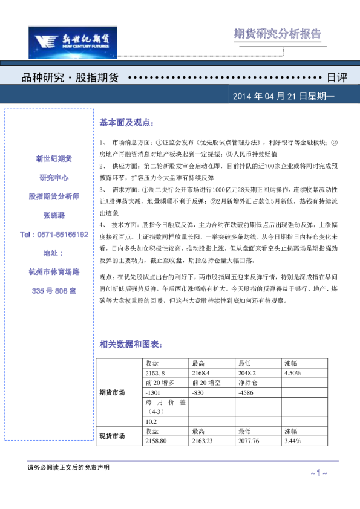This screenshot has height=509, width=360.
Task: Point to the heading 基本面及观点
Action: (x=126, y=123)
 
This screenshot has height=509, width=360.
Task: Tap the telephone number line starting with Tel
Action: (x=54, y=234)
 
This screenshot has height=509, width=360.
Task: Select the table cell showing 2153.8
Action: (x=155, y=373)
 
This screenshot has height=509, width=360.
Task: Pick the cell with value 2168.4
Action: (x=201, y=373)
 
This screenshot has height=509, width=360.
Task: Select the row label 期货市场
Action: (x=112, y=392)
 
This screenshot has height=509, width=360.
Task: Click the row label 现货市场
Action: (x=112, y=436)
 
